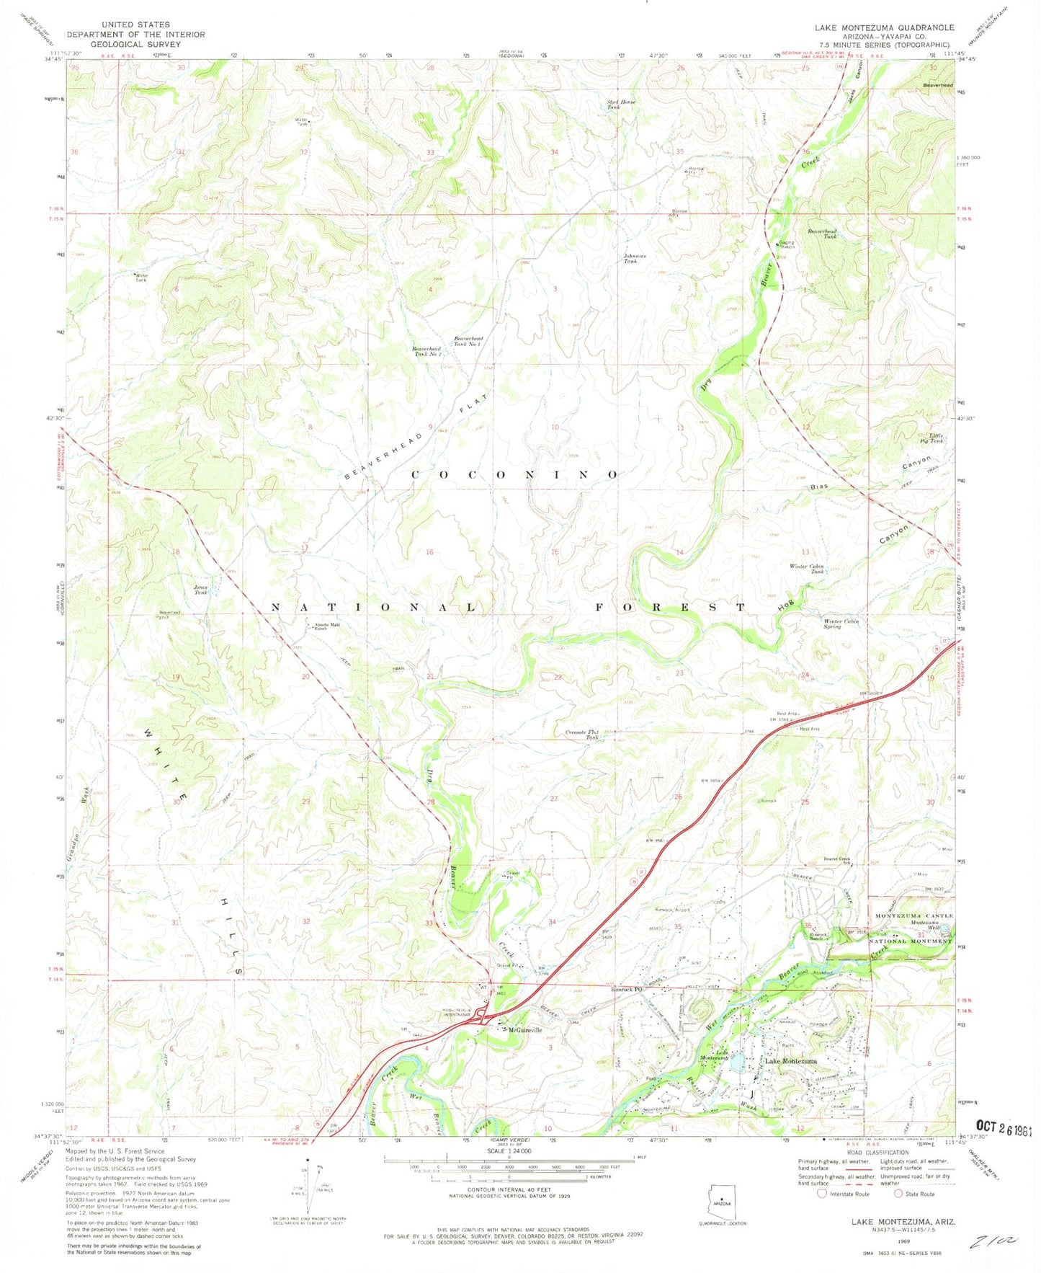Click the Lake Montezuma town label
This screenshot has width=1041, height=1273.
point(791,1061)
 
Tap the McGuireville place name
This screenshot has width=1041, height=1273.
point(524,1030)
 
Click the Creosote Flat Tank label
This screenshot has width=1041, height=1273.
point(582,735)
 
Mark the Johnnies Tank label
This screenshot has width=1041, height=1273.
point(635,258)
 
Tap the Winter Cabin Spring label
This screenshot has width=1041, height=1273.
point(841,624)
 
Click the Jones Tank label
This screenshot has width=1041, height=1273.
point(200,589)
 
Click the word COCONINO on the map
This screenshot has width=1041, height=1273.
point(514,474)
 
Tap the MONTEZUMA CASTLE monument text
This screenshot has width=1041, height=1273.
point(913,915)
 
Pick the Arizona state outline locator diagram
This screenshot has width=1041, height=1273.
point(722,1203)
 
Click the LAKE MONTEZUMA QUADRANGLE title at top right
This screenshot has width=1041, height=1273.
point(884,27)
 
